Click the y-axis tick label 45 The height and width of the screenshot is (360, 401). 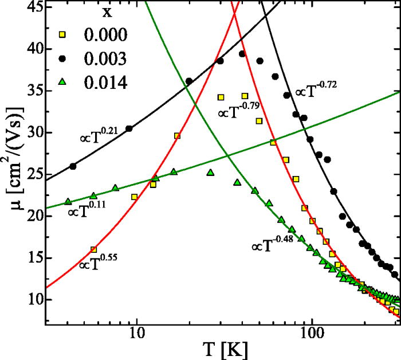tap(29, 8)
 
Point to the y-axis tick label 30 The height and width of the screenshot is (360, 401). tap(29, 132)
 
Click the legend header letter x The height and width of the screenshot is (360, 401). tap(95, 13)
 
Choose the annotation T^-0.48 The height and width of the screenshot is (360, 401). tap(273, 245)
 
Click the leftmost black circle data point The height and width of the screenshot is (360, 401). tap(73, 166)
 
